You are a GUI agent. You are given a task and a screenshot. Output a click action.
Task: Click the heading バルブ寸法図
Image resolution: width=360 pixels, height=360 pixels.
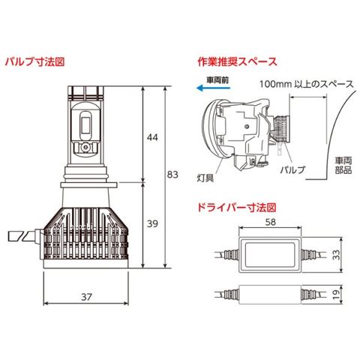pos(34,61)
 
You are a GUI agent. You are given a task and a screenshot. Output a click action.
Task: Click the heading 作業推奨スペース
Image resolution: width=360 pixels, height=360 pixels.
pos(237,61)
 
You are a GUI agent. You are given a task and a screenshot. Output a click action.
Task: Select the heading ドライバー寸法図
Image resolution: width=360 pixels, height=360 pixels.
pos(237,207)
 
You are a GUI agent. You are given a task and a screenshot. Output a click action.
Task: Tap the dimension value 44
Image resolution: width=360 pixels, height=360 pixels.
pos(152,137)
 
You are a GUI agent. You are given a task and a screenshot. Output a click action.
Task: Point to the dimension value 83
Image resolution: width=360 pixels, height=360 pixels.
pos(172,175)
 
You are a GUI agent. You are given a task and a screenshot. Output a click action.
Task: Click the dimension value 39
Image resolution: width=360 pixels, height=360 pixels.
pos(152,223)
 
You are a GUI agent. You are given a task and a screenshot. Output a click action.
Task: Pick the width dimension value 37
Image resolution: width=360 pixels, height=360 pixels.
pos(86,297)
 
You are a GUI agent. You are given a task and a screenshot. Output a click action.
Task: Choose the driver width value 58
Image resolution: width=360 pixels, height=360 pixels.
pos(270,222)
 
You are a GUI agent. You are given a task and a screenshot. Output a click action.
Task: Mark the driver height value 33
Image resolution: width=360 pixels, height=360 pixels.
pos(337,254)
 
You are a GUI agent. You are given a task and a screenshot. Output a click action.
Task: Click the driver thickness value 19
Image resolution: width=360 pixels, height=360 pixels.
pos(337,295)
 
